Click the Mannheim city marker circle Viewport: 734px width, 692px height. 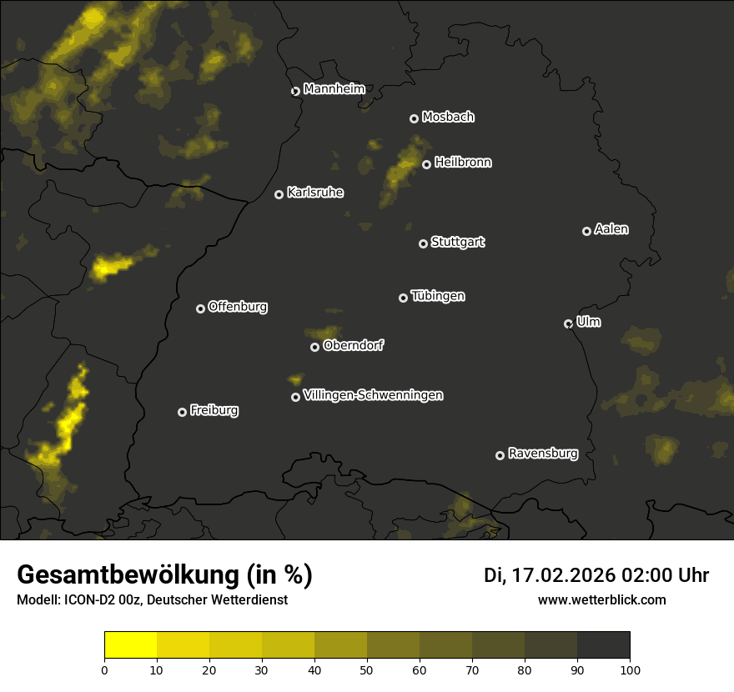point(295,92)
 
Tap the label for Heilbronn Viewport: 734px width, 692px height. point(463,163)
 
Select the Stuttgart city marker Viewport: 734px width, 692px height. point(423,243)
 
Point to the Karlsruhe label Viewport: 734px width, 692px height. point(315,193)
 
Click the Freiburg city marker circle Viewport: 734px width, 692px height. point(182,412)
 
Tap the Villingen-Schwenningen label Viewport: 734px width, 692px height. point(374,395)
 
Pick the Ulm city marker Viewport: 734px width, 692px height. point(568,323)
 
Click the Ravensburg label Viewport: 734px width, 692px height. point(543,454)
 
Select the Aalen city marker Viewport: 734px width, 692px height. point(586,231)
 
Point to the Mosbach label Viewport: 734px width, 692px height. point(448,118)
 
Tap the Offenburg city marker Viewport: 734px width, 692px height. point(200,308)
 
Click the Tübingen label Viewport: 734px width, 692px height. point(438,296)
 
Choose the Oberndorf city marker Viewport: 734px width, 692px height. point(314,347)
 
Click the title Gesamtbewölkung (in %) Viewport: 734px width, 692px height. point(164,575)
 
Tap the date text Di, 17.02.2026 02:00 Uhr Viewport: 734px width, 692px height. point(596,575)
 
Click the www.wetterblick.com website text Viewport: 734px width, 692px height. point(601,599)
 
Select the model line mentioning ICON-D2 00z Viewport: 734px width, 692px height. point(152,600)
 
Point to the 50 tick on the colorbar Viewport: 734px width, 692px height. point(367,669)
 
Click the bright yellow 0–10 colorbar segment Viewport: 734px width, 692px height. point(131,645)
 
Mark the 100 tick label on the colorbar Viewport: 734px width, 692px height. point(630,669)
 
